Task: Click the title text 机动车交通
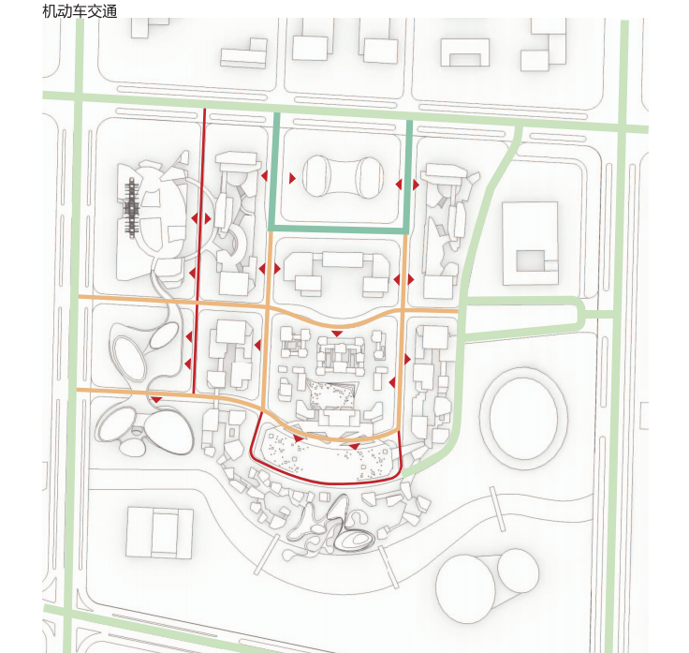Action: pos(80,11)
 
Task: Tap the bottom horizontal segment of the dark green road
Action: pos(339,229)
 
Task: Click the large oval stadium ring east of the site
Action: pos(524,418)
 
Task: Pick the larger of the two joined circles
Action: pos(466,588)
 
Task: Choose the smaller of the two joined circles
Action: pos(518,570)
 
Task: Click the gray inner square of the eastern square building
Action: pos(531,260)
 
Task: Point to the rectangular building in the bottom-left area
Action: pos(159,532)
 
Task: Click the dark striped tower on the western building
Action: pos(131,208)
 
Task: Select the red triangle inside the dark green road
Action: pos(292,179)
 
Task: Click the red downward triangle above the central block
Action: pos(337,334)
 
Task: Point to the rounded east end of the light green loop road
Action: pos(580,314)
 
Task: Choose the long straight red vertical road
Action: pos(199,251)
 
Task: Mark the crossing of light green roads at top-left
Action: pos(79,96)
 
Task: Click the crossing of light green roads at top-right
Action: pos(623,127)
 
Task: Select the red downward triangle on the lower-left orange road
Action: pos(157,399)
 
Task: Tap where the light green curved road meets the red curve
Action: pos(403,475)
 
